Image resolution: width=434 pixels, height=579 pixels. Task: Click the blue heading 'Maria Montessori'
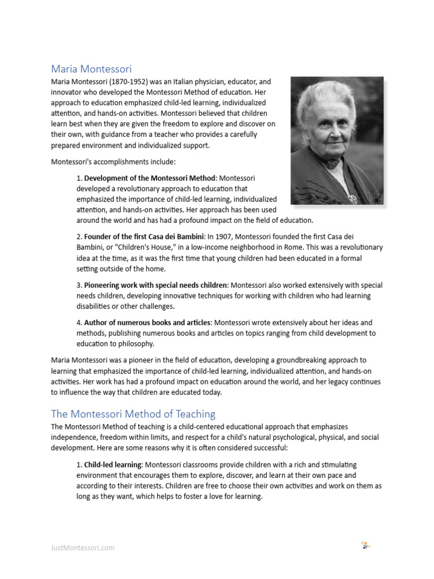pos(91,69)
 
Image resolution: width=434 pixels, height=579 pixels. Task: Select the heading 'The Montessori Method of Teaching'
pos(133,414)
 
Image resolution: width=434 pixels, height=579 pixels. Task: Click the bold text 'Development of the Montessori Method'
pos(150,178)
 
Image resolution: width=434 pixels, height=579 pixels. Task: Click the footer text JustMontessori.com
pos(83,547)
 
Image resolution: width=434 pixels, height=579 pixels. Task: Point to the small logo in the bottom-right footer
pos(365,546)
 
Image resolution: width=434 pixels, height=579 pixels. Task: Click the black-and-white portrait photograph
pos(337,141)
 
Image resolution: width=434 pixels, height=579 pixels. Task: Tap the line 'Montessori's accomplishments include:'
pos(113,162)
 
